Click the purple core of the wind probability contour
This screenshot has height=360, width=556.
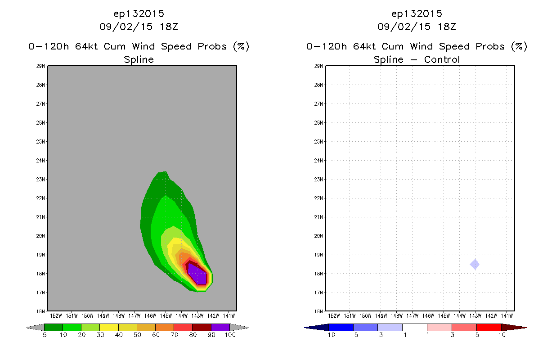click(197, 274)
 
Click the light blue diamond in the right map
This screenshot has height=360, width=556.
click(475, 265)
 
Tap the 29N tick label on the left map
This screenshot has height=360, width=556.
click(40, 66)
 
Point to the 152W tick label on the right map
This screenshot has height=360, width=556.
click(334, 316)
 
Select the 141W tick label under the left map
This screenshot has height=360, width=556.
click(229, 316)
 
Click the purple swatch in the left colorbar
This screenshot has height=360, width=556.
click(220, 328)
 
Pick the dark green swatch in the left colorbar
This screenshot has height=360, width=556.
click(54, 328)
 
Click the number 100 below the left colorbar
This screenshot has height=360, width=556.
click(230, 335)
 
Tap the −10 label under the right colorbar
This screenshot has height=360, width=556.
click(329, 335)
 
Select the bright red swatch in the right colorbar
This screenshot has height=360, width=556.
click(489, 328)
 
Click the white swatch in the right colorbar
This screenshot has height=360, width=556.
click(415, 328)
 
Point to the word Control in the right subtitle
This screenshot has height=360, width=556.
click(442, 60)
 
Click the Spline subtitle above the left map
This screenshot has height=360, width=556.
click(139, 60)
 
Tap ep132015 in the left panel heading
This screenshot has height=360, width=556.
click(139, 14)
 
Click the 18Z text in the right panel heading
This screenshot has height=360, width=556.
click(447, 27)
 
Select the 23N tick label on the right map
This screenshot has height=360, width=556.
click(318, 179)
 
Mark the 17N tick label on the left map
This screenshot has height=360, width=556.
click(40, 292)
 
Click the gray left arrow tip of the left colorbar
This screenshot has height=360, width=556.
click(27, 328)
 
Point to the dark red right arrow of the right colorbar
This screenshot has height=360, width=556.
click(514, 328)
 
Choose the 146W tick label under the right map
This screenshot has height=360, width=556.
click(428, 316)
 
